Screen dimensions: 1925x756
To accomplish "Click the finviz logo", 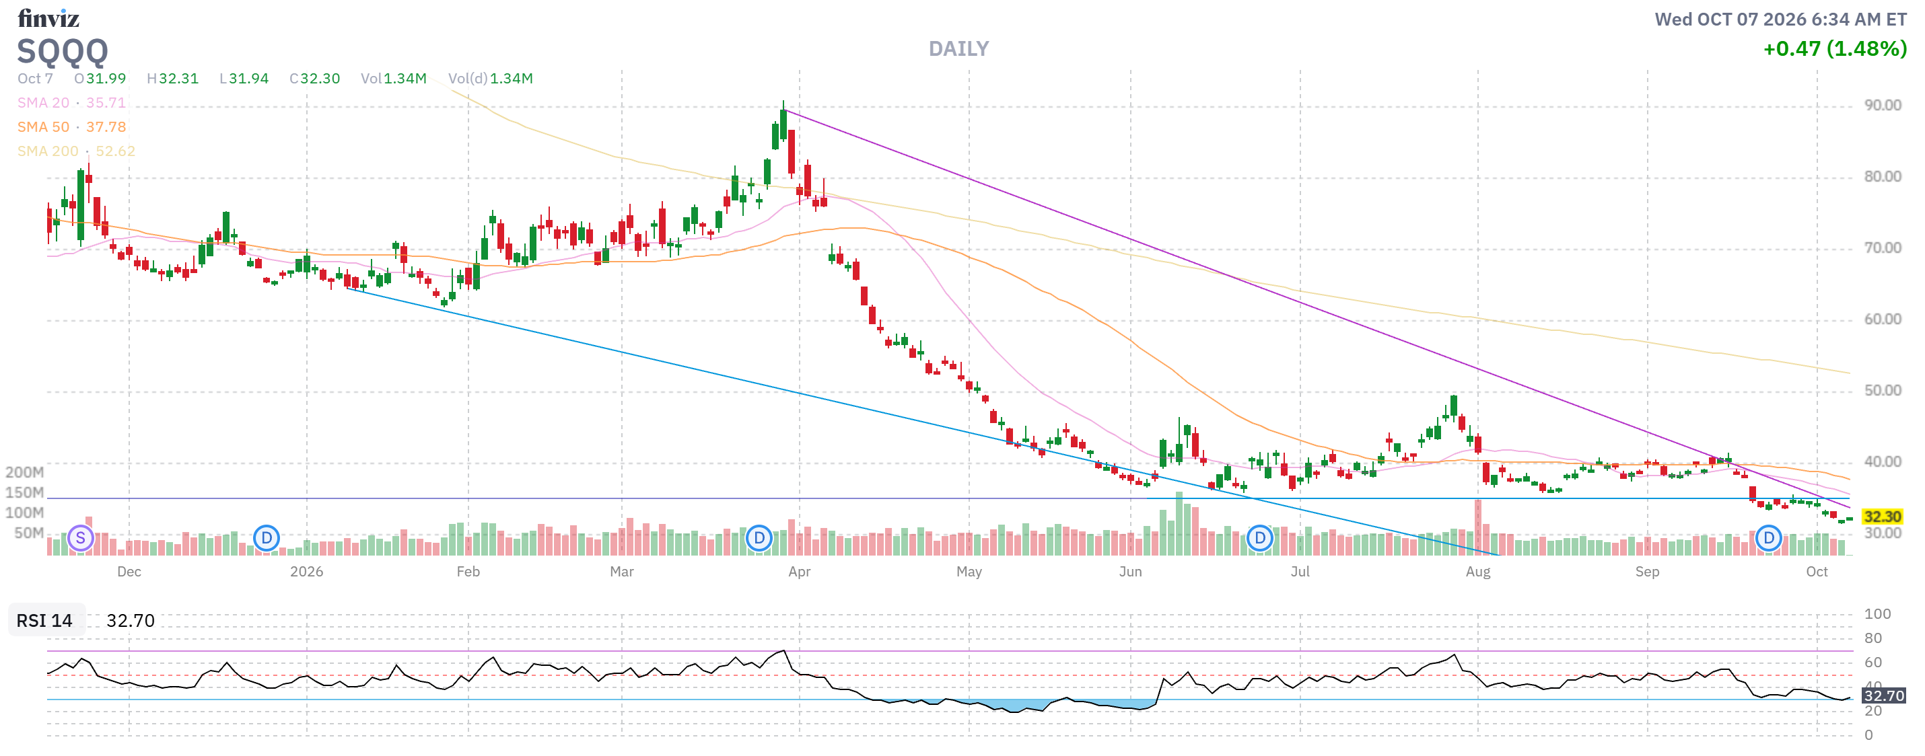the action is (48, 18).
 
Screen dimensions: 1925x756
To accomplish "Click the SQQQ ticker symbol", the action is (63, 52).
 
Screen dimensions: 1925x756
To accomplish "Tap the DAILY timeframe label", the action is (958, 48).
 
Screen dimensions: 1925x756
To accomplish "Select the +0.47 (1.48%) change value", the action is (1835, 48).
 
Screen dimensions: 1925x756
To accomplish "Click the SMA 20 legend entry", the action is (72, 102).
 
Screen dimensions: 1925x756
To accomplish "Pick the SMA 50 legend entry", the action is (72, 127).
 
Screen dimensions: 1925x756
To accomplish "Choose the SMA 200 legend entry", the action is (76, 151).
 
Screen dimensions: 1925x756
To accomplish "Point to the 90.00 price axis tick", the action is (1883, 106).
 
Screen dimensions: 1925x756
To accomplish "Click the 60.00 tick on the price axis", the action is (1883, 319).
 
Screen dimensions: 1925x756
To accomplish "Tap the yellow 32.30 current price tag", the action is (1882, 516).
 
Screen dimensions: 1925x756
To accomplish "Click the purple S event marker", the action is (81, 538).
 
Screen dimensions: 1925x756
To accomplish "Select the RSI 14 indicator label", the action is (45, 621).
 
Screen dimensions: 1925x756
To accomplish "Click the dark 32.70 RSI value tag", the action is (1884, 695).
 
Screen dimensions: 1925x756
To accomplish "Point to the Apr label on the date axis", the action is (800, 572).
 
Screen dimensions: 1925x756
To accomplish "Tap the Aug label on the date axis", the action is (1477, 572).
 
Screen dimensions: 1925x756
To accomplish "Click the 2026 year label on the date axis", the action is (306, 572).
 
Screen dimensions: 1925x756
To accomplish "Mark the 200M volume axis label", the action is (25, 472).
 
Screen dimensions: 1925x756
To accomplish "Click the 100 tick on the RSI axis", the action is (1877, 614).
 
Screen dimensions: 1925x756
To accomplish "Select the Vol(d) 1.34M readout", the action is (490, 79).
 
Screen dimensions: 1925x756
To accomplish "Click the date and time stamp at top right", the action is (1780, 20).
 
